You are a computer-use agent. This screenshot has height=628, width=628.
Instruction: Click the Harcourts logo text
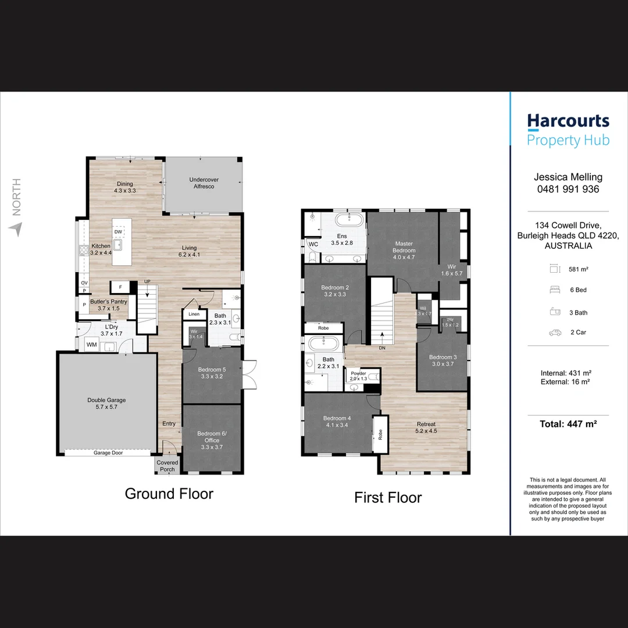click(568, 122)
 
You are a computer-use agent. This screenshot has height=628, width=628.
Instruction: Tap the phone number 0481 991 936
click(568, 189)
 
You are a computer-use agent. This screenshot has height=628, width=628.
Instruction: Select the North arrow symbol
click(13, 229)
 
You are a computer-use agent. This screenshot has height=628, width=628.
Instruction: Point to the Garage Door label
click(108, 452)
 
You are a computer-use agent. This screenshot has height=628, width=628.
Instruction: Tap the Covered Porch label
click(167, 466)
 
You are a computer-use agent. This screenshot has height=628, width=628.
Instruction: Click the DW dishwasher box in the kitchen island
click(118, 231)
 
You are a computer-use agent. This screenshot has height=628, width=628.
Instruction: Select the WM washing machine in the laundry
click(91, 345)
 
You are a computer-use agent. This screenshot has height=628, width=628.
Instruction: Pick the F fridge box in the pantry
click(120, 287)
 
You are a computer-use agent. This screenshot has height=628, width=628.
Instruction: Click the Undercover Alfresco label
click(204, 183)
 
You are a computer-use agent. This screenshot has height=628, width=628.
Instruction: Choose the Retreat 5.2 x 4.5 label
click(426, 427)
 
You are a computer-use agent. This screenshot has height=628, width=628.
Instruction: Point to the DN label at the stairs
click(382, 348)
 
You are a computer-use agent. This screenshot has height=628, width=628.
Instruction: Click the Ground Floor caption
click(169, 494)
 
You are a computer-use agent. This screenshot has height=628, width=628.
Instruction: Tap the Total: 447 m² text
click(568, 424)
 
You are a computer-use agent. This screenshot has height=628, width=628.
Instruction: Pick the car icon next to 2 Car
click(555, 333)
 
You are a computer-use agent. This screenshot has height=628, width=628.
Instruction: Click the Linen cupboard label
click(194, 314)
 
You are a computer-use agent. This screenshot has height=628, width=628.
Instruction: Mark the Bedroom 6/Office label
click(212, 437)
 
